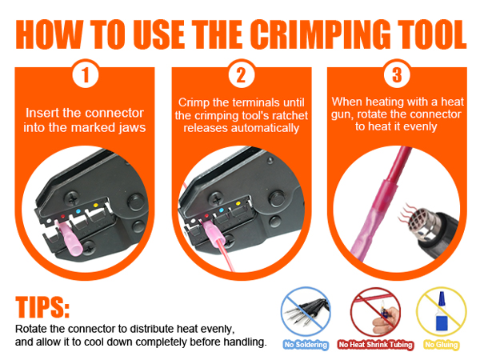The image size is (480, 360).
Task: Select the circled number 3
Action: [396, 78]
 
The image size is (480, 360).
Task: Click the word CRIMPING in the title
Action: [300, 31]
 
